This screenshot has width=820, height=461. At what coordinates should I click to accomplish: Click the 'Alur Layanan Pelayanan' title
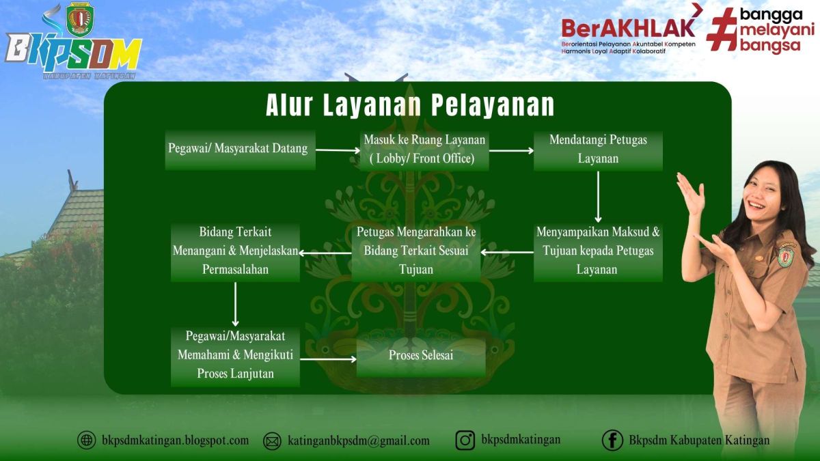tap(410, 106)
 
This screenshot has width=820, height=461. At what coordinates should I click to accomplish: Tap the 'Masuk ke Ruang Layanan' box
tap(424, 150)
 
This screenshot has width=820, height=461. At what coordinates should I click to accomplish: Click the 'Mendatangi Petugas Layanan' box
tap(598, 149)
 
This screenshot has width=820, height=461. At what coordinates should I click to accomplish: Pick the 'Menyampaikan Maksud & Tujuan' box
tap(598, 251)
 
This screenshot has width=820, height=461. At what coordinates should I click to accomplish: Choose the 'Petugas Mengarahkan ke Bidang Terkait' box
tap(416, 251)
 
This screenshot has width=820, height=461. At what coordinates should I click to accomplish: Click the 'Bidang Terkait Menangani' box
tap(235, 251)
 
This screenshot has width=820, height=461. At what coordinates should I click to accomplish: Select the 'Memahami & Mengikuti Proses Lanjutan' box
tap(235, 355)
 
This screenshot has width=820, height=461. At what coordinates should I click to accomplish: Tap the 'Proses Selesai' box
tap(421, 356)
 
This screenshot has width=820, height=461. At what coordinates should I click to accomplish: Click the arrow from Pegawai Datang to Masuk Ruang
tap(338, 150)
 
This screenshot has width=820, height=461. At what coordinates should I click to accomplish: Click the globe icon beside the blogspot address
tap(87, 441)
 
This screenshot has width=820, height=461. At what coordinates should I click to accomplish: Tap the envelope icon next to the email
tap(272, 441)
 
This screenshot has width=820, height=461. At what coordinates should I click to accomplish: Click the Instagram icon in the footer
tap(465, 441)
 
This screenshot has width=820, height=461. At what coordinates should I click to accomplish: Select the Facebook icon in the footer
tap(612, 441)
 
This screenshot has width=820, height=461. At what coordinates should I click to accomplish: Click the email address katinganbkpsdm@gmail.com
tap(359, 441)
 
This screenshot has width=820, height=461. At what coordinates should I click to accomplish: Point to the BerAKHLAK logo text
tap(627, 27)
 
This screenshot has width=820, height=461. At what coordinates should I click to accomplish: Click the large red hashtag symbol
tap(722, 29)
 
